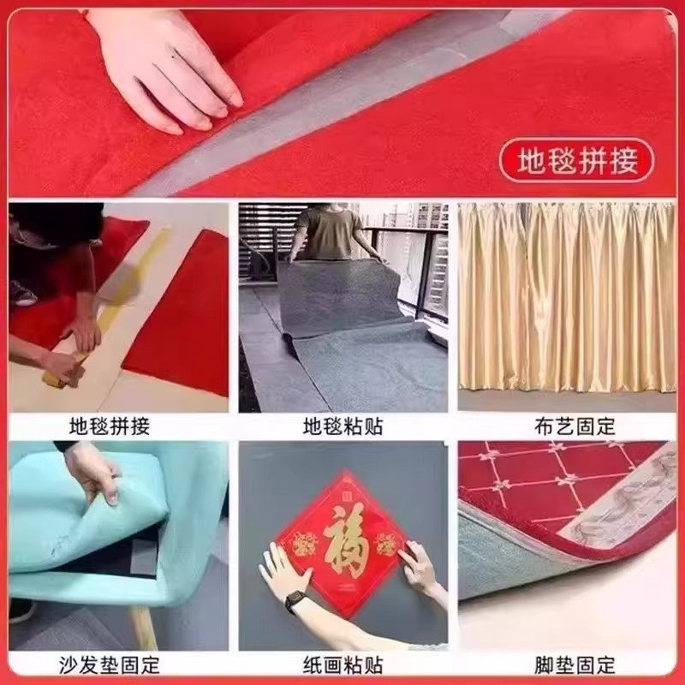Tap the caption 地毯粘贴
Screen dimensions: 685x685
(x=342, y=426)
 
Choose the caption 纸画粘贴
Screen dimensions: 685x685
(x=342, y=664)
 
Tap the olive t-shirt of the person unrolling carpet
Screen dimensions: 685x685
(x=330, y=233)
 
